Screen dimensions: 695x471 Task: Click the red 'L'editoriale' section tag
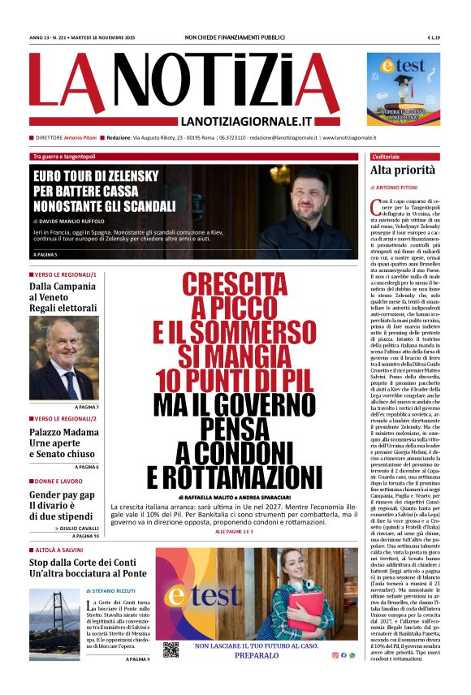point(392,156)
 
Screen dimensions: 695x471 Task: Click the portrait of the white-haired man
point(64,358)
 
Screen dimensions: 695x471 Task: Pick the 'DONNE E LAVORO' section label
point(58,481)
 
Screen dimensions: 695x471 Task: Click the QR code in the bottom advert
point(171,650)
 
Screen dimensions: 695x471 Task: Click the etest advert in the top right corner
point(404,88)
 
